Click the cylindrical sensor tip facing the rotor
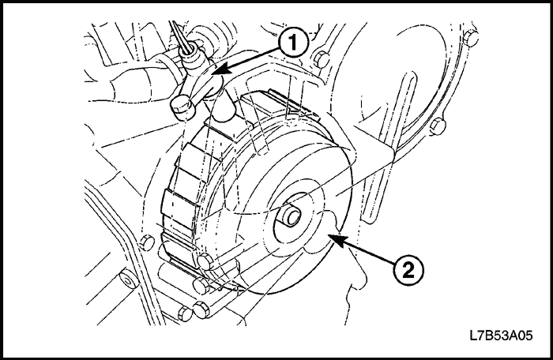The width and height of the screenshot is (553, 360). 224,111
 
